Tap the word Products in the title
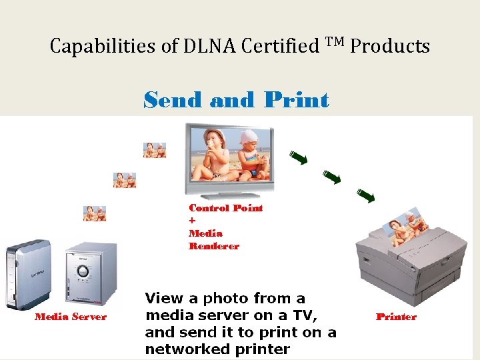click(x=390, y=47)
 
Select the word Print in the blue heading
click(x=296, y=100)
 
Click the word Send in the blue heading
click(x=173, y=100)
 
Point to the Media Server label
click(x=71, y=317)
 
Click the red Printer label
click(x=396, y=317)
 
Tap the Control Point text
click(x=226, y=208)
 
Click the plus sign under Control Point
click(x=192, y=221)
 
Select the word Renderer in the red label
click(x=214, y=246)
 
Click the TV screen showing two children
click(x=229, y=157)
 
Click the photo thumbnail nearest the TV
click(x=155, y=149)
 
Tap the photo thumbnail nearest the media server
click(x=95, y=213)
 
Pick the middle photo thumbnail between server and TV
click(x=125, y=180)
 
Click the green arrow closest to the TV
click(x=298, y=158)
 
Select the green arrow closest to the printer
click(x=365, y=195)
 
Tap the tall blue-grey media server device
click(x=27, y=274)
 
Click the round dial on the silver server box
click(x=83, y=271)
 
